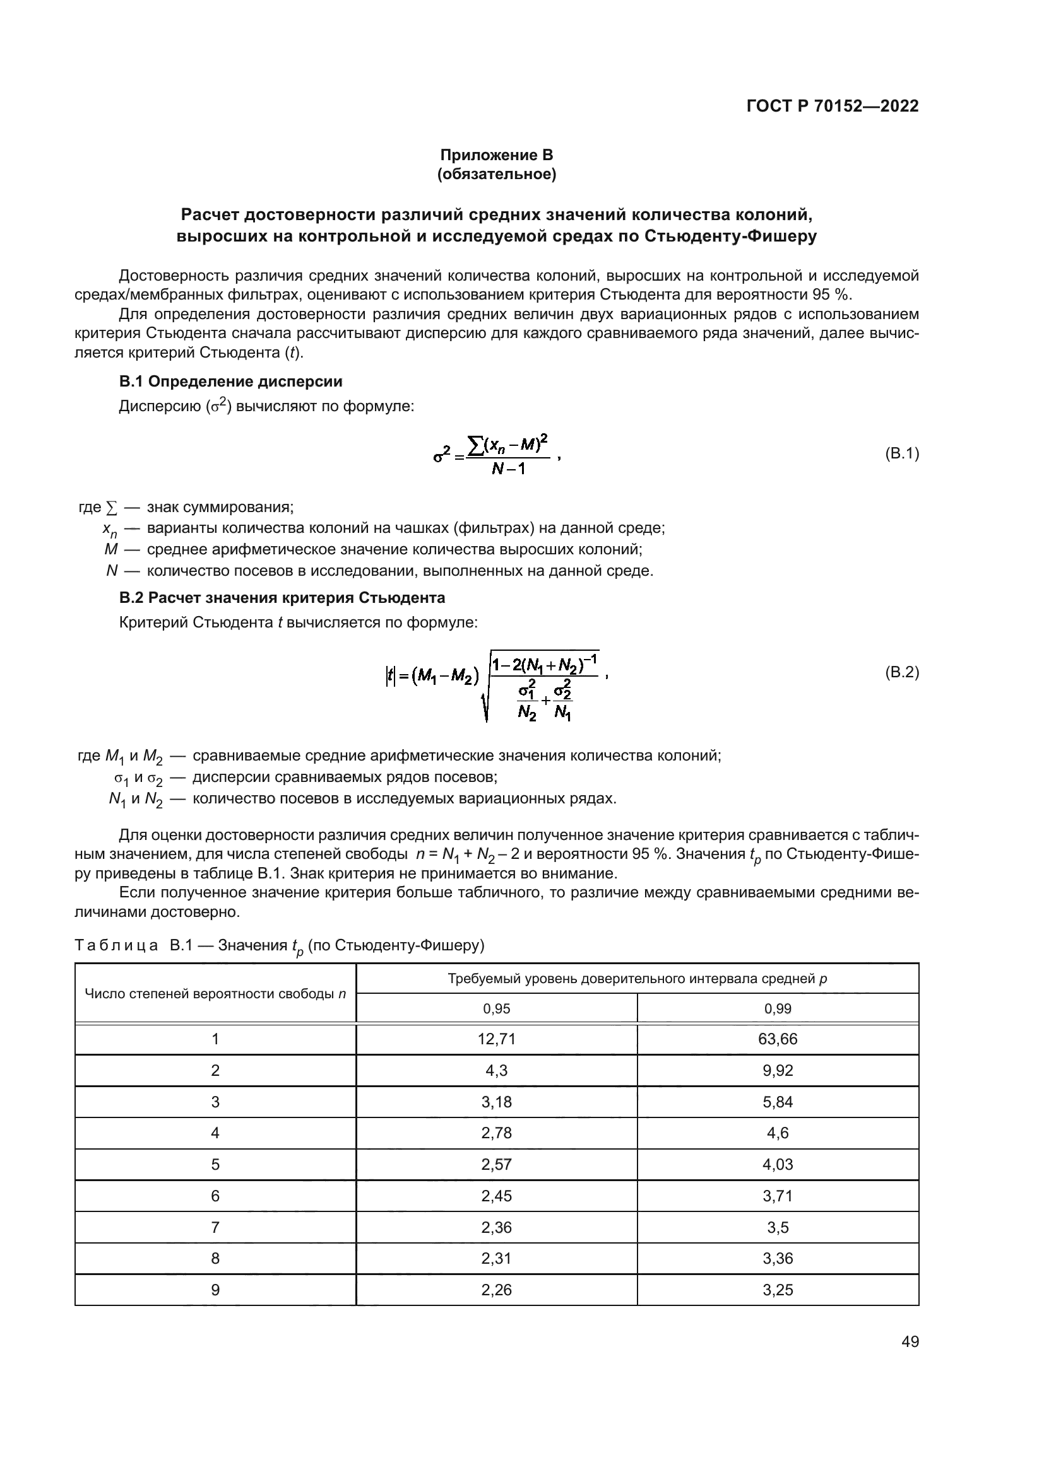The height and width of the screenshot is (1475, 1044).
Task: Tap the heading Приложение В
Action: pos(496,155)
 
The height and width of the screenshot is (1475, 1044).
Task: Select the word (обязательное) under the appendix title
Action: pos(496,174)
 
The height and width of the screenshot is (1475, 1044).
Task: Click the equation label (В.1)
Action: pos(901,453)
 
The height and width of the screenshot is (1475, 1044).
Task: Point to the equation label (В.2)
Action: pos(901,672)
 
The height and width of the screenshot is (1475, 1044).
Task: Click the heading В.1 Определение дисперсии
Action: pos(231,382)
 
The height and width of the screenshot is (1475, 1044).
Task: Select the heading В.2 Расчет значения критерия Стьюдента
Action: pos(282,597)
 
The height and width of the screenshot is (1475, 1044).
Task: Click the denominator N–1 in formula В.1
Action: pos(508,469)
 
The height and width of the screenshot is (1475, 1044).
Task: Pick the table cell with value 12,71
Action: pos(496,1039)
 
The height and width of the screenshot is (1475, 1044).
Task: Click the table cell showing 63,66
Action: pos(777,1039)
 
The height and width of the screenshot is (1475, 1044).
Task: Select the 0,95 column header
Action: pos(496,1008)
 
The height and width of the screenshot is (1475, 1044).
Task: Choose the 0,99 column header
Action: pos(777,1008)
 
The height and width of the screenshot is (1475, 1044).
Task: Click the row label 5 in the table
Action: pos(215,1165)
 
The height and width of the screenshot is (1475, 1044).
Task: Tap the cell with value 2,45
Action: pos(496,1196)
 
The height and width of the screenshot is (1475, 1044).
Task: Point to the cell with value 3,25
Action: pos(777,1290)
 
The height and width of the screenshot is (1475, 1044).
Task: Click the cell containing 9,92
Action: pos(777,1070)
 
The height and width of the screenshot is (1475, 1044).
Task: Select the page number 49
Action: pos(910,1342)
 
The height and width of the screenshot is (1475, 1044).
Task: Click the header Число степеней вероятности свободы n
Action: pos(215,994)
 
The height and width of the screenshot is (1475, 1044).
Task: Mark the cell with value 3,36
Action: pos(777,1259)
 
